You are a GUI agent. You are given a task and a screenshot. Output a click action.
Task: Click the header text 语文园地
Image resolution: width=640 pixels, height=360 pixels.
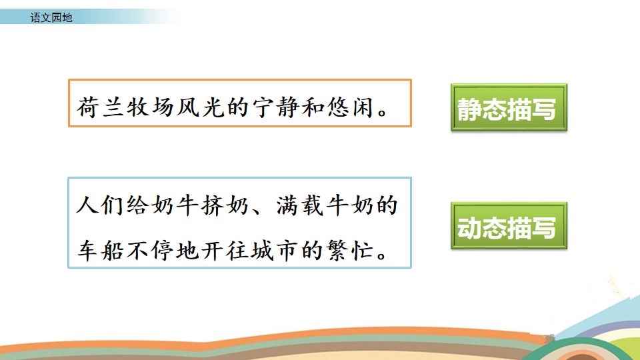(51, 17)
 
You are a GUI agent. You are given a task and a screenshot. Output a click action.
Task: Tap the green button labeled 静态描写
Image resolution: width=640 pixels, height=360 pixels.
(509, 107)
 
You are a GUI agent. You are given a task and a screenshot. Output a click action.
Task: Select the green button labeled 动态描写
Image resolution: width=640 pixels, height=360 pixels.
(509, 225)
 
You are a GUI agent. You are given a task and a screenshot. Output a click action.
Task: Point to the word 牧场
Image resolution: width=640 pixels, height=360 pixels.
(150, 107)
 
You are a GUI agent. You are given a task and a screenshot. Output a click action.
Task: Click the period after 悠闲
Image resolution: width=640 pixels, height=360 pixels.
(383, 112)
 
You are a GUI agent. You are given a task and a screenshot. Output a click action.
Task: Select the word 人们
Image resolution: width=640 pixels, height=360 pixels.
(100, 205)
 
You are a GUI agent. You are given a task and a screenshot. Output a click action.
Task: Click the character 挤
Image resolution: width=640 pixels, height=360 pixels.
(212, 205)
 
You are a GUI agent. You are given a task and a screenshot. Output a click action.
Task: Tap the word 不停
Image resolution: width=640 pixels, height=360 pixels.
(150, 250)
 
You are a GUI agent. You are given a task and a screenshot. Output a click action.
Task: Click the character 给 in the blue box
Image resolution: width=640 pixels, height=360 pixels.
(137, 205)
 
